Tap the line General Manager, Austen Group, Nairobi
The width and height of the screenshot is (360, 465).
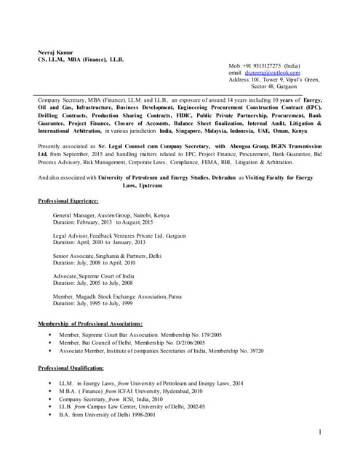pos(111,216)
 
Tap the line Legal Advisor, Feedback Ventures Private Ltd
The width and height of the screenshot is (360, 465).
pos(119,236)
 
